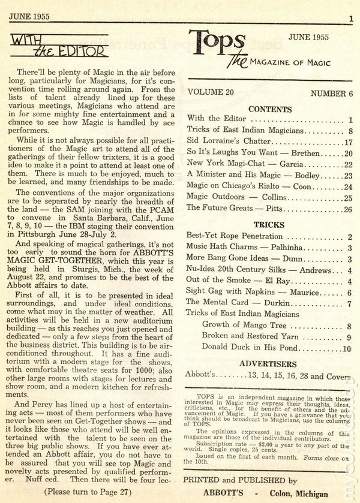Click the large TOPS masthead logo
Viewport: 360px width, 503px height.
216,47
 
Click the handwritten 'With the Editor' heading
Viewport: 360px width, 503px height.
59,47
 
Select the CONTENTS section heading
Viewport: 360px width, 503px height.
269,110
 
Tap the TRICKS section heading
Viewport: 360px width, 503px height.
269,225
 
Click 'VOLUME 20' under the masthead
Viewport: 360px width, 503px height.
213,94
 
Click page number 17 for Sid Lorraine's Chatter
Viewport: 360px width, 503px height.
346,142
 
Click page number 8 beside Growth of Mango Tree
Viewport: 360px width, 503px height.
348,326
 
